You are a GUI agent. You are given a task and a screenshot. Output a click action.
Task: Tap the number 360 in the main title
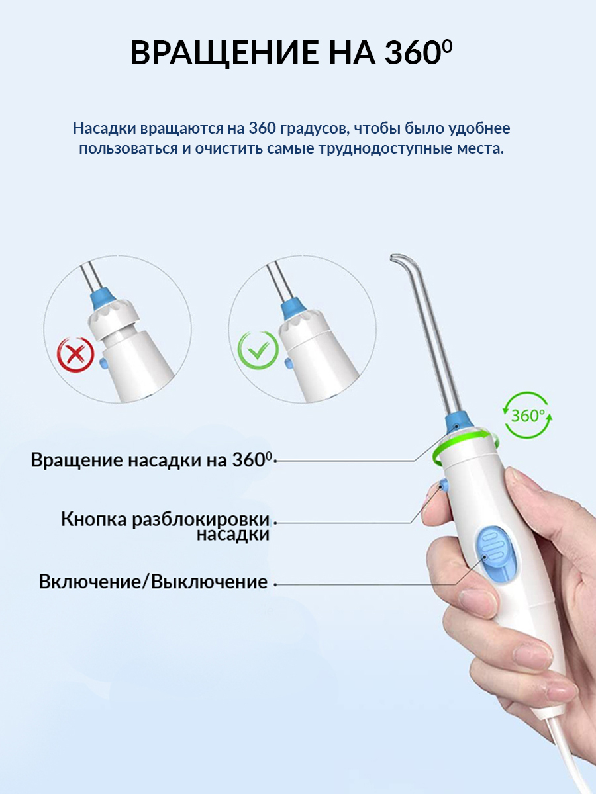coord(412,53)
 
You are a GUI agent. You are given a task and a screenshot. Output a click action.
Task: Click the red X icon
coord(75,355)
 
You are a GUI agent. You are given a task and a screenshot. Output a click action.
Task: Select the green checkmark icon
coord(258,351)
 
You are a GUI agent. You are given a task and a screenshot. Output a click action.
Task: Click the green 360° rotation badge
coord(528,415)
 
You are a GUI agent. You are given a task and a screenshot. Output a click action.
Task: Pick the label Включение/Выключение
coord(153,582)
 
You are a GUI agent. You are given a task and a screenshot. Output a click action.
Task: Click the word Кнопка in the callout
coord(94,520)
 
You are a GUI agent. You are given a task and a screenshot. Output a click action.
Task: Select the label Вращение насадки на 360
coord(150,460)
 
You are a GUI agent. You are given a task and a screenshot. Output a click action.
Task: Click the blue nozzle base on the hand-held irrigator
coord(459,421)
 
